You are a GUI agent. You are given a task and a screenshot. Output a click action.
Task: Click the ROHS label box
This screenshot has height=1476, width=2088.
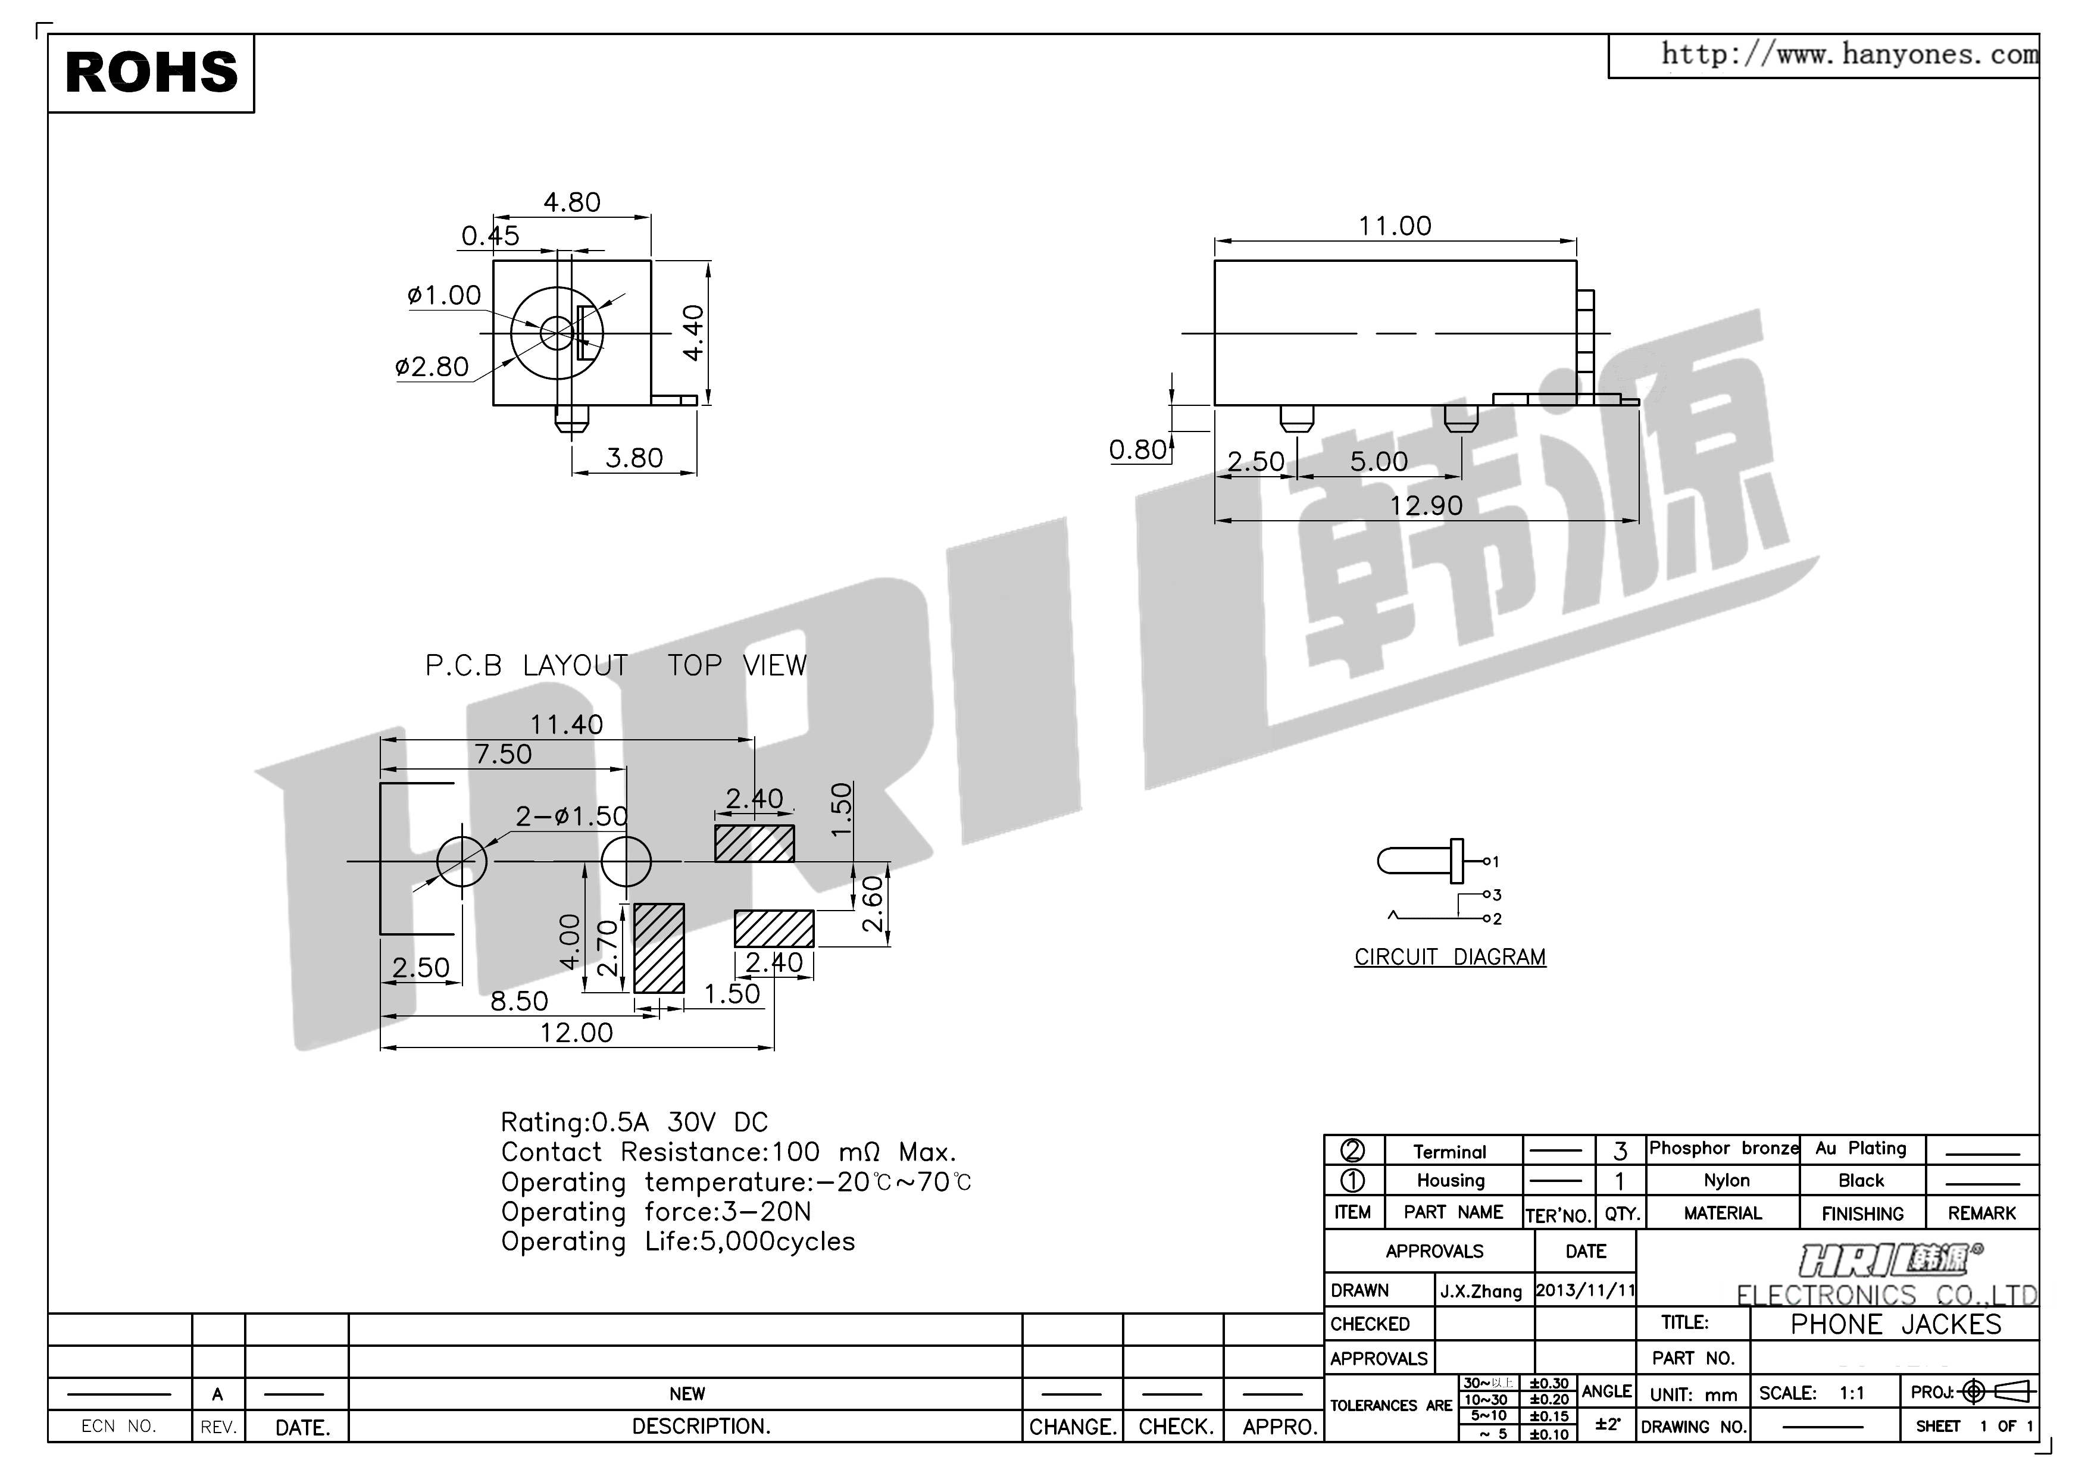coord(151,73)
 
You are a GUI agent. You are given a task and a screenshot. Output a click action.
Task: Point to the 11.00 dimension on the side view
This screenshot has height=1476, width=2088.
coord(1394,226)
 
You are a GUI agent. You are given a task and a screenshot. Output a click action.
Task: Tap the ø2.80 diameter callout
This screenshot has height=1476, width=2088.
coord(432,367)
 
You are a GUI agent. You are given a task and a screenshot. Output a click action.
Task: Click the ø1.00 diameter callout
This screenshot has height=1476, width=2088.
coord(444,296)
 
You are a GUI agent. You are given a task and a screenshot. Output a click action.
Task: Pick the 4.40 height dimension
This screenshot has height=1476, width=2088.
coord(693,333)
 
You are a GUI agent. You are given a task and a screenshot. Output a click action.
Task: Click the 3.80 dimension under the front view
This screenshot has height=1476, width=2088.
coord(634,458)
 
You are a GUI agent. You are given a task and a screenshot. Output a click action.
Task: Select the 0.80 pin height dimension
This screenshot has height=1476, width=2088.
coord(1137,449)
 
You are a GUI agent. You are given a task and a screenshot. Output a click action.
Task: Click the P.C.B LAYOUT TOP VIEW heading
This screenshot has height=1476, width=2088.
coord(615,666)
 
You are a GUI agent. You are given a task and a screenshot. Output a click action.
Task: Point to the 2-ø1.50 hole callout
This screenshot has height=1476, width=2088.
coord(571,816)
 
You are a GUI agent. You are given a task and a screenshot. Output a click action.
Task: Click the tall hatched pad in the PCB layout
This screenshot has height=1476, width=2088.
coord(658,947)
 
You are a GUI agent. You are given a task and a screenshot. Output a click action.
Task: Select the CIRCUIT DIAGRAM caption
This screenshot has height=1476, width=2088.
coord(1449,958)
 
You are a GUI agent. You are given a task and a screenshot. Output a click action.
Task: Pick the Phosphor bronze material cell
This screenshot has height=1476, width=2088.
coord(1723,1149)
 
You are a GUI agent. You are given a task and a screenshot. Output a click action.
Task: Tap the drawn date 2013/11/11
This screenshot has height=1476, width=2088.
coord(1585,1290)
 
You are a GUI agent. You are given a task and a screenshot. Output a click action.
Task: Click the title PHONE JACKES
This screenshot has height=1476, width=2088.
coord(1895,1324)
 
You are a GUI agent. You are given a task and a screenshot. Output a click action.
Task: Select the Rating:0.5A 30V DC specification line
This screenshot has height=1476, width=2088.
coord(634,1122)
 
